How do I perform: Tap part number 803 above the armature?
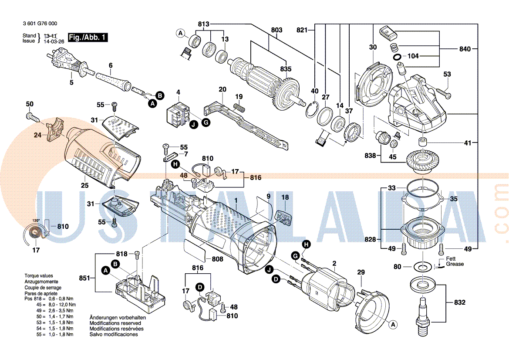pos(276,30)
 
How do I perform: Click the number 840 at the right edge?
pos(465,49)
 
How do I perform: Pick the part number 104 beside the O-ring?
pos(413,57)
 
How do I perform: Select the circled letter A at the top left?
pos(180,33)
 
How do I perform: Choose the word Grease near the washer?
pos(455,264)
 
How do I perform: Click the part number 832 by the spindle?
pos(459,302)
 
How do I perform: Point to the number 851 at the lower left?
pos(84,278)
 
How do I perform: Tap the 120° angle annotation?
pos(36,221)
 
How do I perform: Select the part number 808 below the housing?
pos(217,259)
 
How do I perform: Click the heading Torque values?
pos(39,276)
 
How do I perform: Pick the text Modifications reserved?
pos(115,323)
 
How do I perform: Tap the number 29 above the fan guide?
pos(361,272)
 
